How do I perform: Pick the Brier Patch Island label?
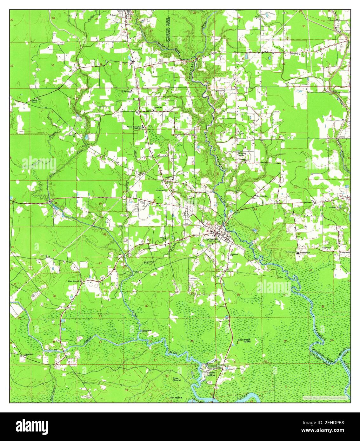244,341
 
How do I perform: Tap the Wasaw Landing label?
211,373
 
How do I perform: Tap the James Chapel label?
34,102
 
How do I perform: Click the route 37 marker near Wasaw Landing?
210,382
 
